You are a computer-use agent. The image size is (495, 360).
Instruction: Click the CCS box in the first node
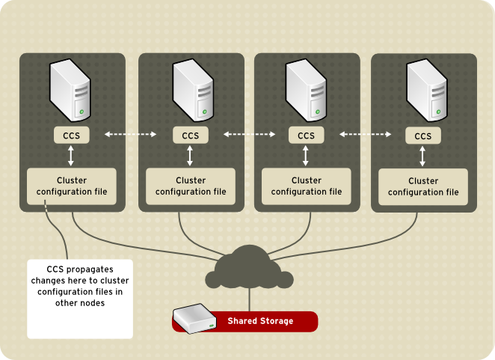point(71,135)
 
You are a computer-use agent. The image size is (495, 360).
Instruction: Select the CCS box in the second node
point(191,135)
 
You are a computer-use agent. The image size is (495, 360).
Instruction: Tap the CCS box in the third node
point(306,135)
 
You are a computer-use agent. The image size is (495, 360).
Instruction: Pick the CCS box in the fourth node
point(422,135)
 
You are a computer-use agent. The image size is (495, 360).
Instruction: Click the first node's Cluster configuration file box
point(71,186)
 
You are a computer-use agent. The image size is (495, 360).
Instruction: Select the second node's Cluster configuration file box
point(191,186)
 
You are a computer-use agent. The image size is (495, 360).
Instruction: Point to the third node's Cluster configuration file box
point(306,186)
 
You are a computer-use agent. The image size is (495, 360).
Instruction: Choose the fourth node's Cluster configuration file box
point(422,186)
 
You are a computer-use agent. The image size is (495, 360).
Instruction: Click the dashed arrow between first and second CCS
point(130,135)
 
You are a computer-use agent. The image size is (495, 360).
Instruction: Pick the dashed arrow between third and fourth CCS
point(365,135)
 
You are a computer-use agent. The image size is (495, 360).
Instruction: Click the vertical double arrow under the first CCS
point(71,156)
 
